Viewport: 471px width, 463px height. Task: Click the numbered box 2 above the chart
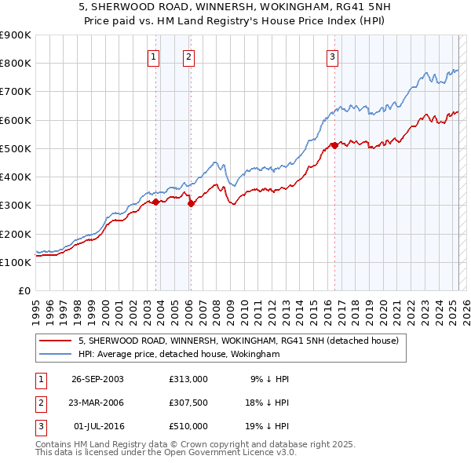click(x=189, y=57)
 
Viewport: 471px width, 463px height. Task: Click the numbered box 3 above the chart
click(x=333, y=57)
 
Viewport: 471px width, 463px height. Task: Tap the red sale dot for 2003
click(x=156, y=202)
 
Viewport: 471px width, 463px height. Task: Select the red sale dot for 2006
click(x=191, y=203)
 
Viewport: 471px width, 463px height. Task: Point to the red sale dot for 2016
click(x=334, y=145)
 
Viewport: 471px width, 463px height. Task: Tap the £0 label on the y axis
click(x=24, y=291)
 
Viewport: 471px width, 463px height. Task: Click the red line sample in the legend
click(x=55, y=341)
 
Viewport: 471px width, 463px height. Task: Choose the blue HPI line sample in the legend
click(x=55, y=354)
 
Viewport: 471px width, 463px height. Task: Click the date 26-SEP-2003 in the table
click(x=97, y=380)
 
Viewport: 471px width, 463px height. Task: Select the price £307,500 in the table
click(x=188, y=403)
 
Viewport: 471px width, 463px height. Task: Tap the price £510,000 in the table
click(x=188, y=426)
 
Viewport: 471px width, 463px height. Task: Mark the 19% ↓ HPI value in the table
click(x=266, y=426)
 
